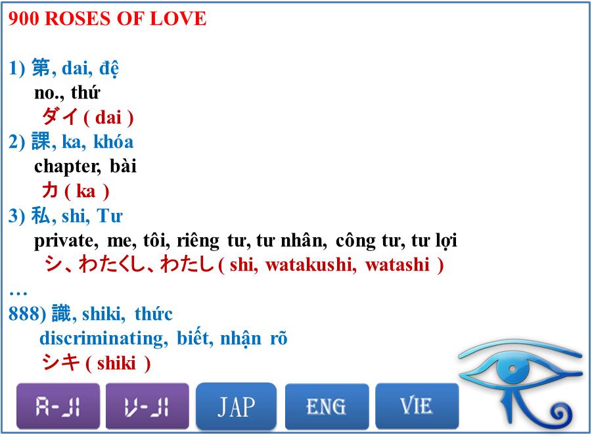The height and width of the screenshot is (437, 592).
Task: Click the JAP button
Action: coord(236,407)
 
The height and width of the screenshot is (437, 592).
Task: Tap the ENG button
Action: coord(327,407)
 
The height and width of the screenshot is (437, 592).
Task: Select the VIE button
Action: coord(417,407)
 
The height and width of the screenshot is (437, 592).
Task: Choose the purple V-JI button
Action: coord(147,407)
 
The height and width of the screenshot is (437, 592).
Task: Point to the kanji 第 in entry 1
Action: coord(41,68)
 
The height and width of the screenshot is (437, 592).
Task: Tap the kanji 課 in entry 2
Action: coord(41,142)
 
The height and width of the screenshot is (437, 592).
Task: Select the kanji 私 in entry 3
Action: coord(41,216)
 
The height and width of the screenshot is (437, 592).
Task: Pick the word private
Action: coord(65,241)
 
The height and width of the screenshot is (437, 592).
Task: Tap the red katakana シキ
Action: coord(60,362)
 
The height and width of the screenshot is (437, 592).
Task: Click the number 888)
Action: coord(27,314)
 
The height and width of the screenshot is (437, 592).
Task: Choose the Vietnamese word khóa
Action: coord(113,142)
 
